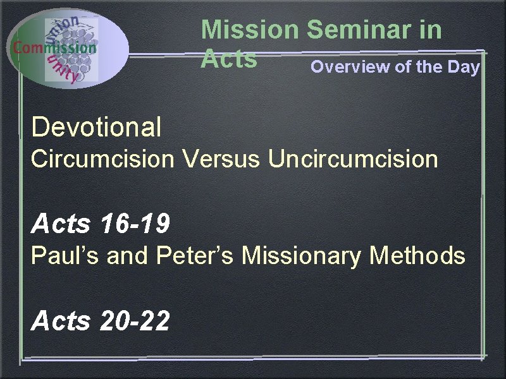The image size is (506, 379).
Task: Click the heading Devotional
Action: (x=96, y=127)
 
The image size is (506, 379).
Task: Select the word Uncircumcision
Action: (x=353, y=159)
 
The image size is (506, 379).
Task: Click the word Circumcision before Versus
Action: (x=102, y=159)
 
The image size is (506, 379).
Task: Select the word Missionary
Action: (x=302, y=256)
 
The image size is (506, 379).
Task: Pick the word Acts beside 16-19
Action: (x=61, y=223)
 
